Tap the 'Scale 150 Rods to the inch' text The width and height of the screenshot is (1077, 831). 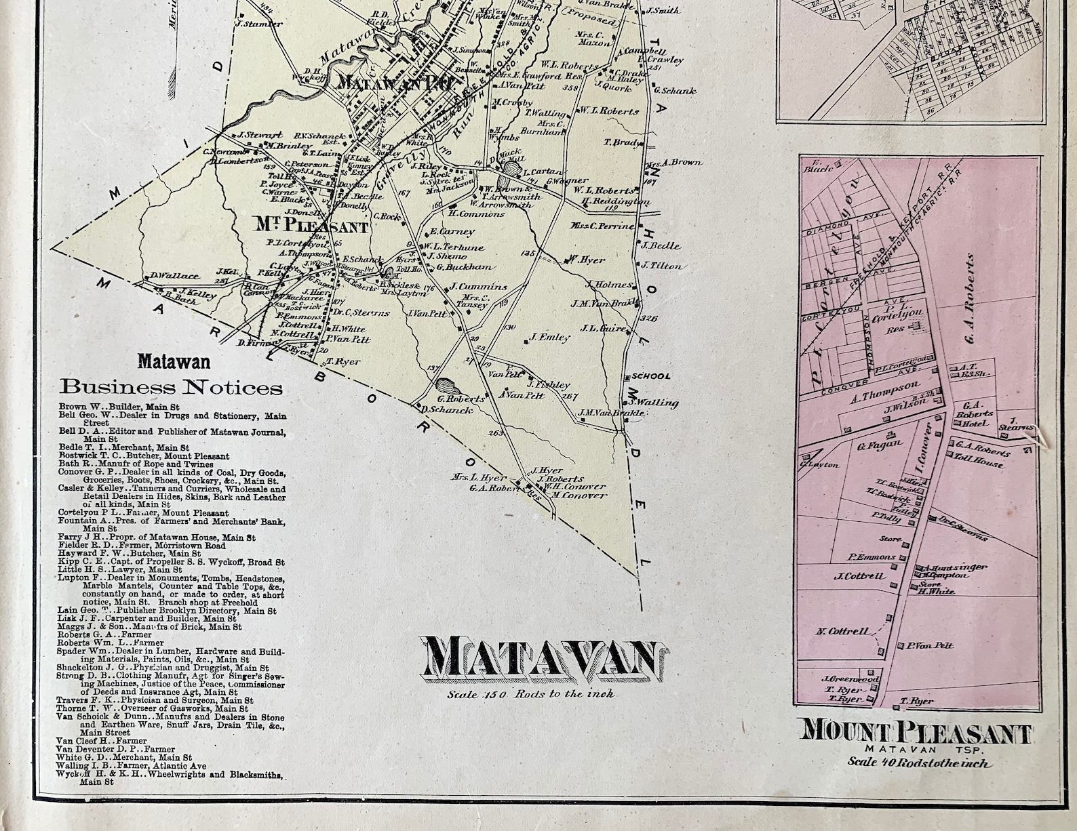coord(530,694)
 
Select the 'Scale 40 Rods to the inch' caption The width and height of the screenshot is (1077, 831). coord(918,763)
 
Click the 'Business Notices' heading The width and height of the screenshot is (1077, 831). coord(170,388)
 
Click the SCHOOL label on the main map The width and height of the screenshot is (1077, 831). coord(650,376)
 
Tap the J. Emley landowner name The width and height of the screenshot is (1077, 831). coord(549,337)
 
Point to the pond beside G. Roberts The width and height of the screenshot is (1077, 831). coord(447,387)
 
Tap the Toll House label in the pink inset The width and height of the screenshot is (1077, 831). coord(979,464)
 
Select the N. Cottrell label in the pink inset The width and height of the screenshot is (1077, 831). coord(842,632)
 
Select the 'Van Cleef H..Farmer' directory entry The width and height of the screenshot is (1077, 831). coord(102,741)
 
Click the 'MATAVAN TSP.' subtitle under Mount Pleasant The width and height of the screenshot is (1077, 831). coord(917,749)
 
